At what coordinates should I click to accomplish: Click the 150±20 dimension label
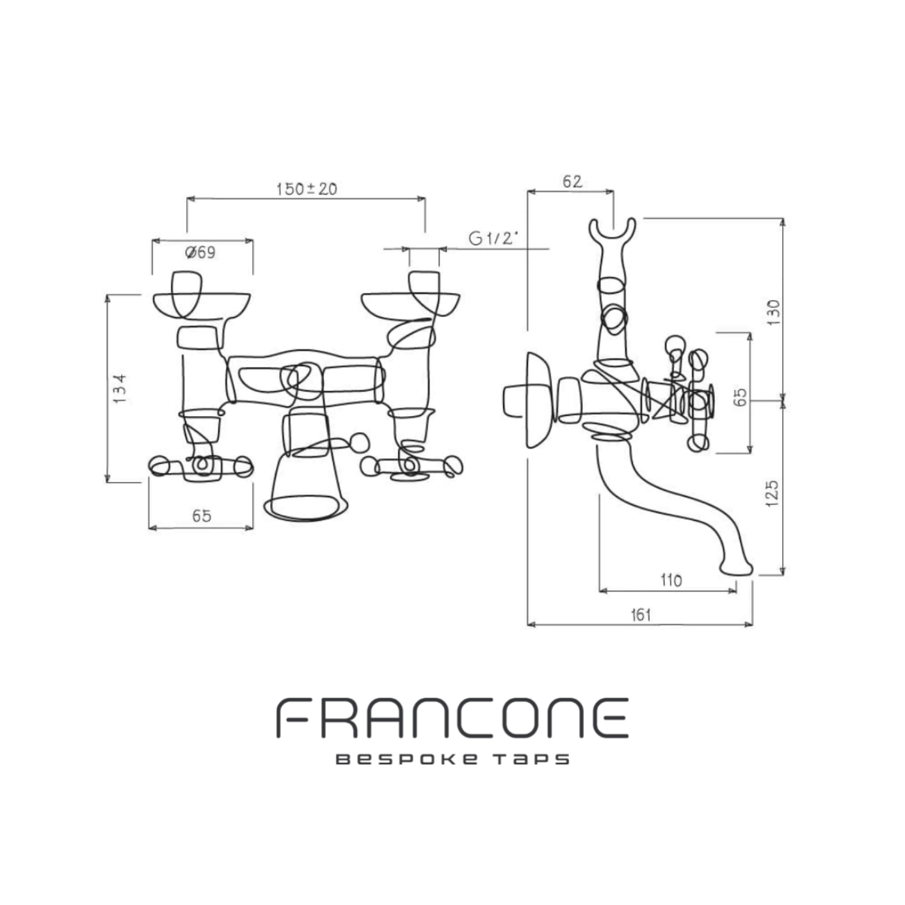(307, 189)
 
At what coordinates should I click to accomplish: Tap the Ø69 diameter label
(200, 253)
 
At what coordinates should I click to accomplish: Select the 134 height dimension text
(120, 388)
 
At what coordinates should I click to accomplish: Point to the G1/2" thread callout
(493, 239)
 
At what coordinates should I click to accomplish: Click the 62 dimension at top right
(572, 181)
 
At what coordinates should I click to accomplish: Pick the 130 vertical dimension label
(773, 312)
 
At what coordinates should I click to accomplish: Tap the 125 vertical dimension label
(772, 493)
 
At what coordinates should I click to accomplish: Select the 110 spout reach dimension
(671, 581)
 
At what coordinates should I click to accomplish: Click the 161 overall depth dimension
(641, 615)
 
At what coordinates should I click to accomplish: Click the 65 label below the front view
(202, 516)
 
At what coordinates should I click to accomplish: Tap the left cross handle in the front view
(200, 467)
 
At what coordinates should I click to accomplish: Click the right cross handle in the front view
(412, 467)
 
